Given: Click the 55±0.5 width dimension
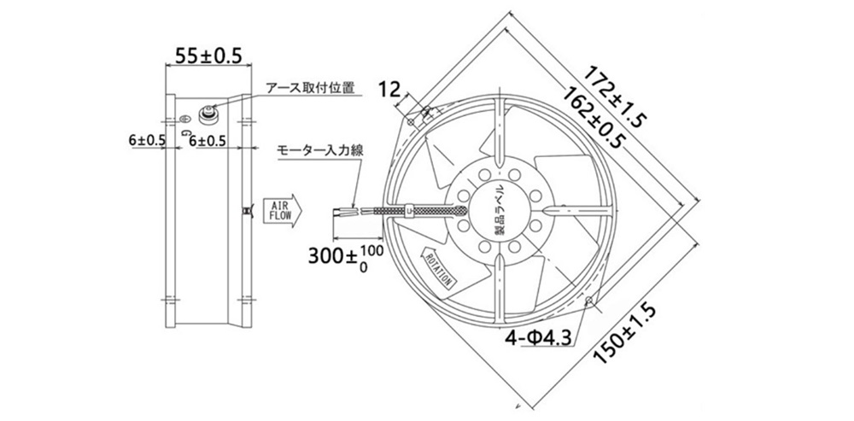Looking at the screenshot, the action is [x=207, y=56].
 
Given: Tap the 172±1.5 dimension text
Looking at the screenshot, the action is [x=615, y=96].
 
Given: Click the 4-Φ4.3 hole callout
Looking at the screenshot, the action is [x=538, y=339].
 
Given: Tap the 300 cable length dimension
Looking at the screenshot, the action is [x=345, y=254].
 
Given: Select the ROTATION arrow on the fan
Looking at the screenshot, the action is [x=438, y=266].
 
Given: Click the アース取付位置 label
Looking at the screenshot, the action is [x=310, y=87].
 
